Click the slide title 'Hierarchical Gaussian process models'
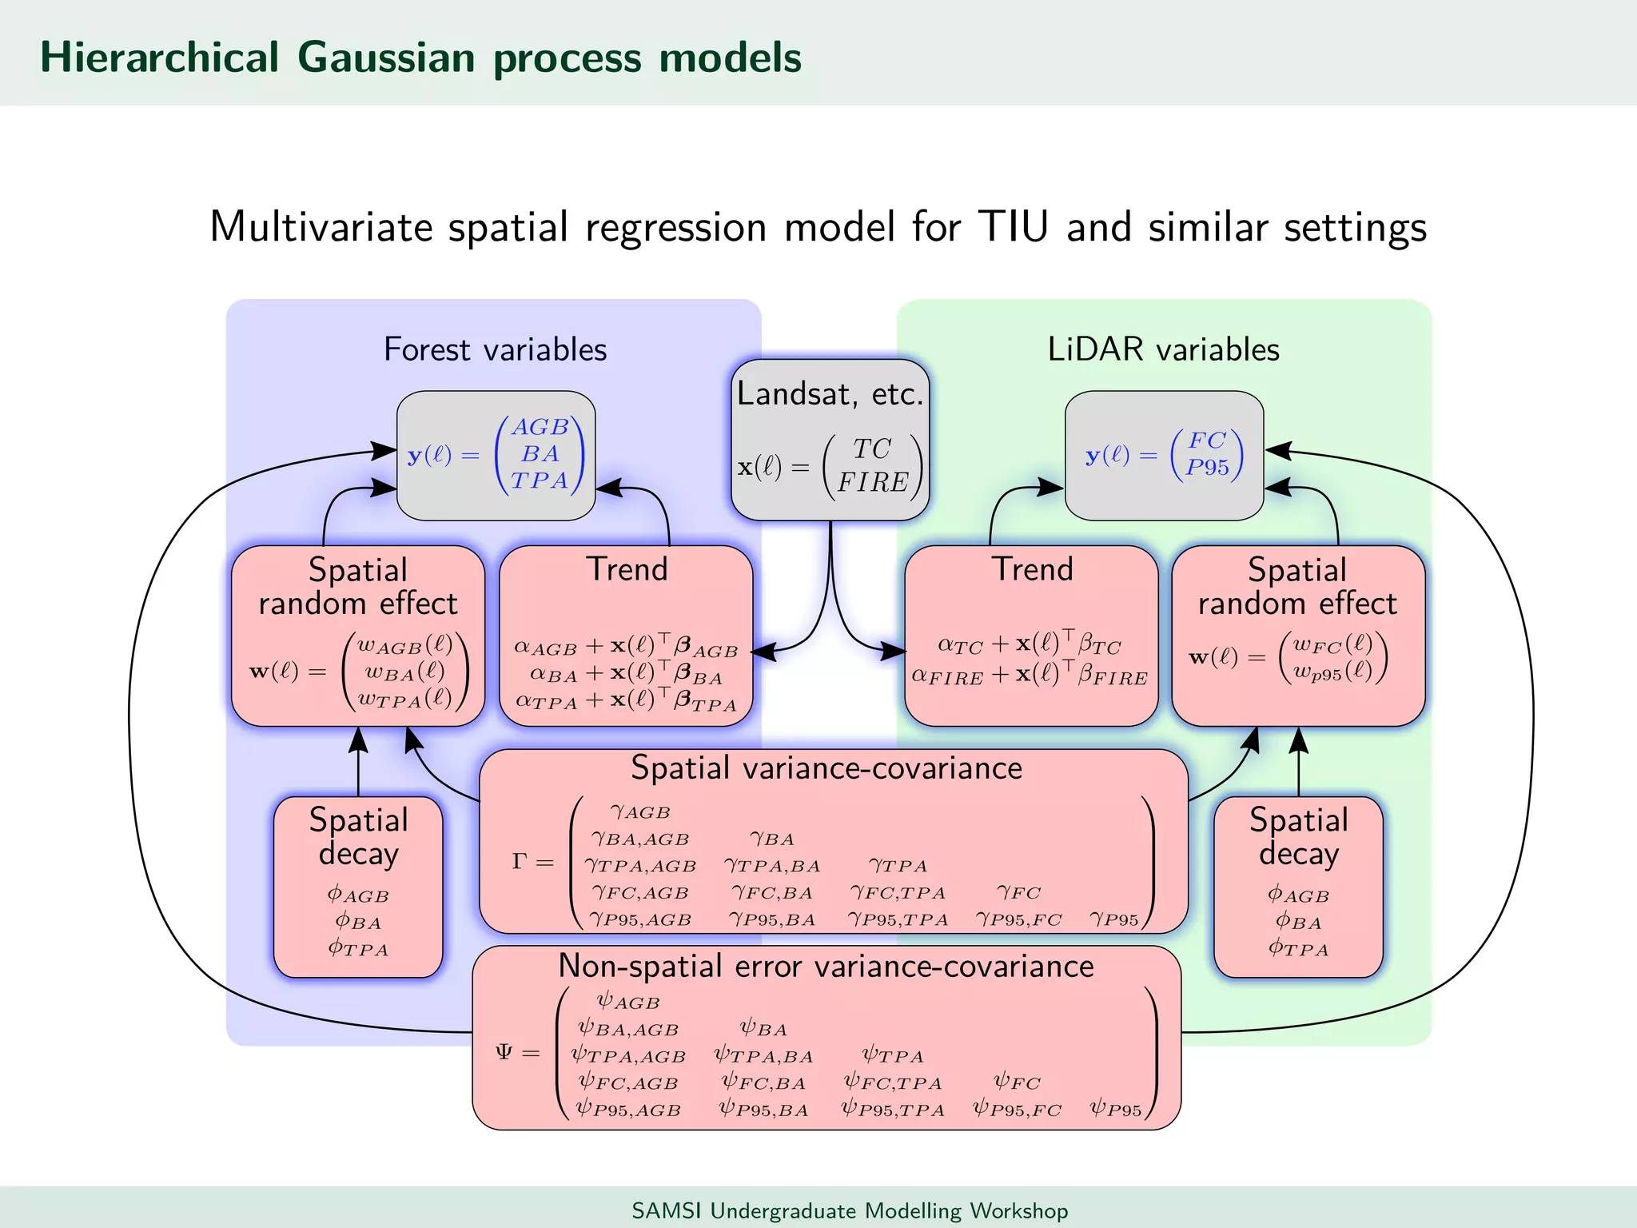420,58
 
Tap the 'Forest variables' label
495,349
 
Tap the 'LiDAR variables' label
1163,349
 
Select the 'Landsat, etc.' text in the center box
830,393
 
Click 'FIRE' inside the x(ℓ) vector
872,482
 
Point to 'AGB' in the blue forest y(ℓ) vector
540,427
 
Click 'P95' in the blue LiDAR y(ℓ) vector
1207,468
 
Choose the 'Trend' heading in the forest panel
627,569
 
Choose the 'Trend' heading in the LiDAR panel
1032,569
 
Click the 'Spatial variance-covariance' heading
826,767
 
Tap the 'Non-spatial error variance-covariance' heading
826,966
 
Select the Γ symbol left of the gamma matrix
520,862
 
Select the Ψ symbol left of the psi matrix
504,1052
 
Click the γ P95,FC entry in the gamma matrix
1018,919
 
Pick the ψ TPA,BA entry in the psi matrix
763,1056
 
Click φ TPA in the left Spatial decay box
358,949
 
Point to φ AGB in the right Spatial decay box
1298,895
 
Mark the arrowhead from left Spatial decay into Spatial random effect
358,740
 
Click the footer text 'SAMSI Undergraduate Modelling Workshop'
850,1210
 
